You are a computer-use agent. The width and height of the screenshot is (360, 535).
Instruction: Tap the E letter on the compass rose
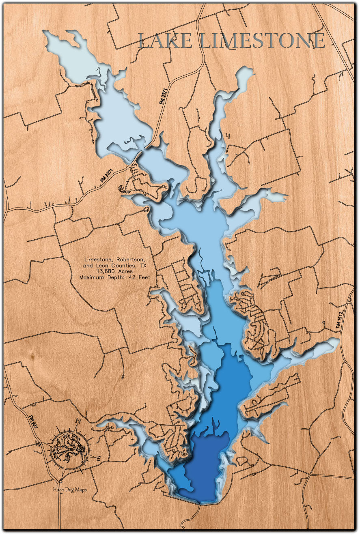(98, 458)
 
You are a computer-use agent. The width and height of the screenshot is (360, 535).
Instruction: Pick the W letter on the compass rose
(40, 444)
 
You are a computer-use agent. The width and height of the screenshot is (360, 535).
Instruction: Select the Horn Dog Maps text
(69, 489)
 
